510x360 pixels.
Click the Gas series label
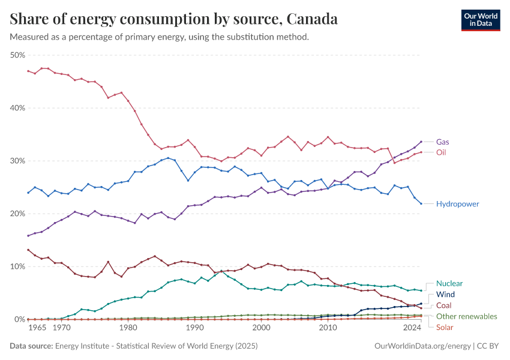(x=443, y=142)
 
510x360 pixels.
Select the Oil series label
(x=442, y=152)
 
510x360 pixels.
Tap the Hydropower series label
(x=457, y=204)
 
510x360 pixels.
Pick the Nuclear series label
(x=449, y=283)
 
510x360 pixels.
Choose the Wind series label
(x=446, y=295)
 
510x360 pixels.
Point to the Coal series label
(x=445, y=305)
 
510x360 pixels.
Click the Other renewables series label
(x=466, y=316)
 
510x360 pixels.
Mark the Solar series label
(x=445, y=327)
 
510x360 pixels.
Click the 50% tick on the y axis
(x=18, y=55)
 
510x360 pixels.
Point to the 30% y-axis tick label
(x=18, y=161)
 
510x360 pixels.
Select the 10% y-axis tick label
(x=18, y=266)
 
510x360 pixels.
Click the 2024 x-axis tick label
(x=412, y=328)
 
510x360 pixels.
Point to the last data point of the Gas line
(x=421, y=142)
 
